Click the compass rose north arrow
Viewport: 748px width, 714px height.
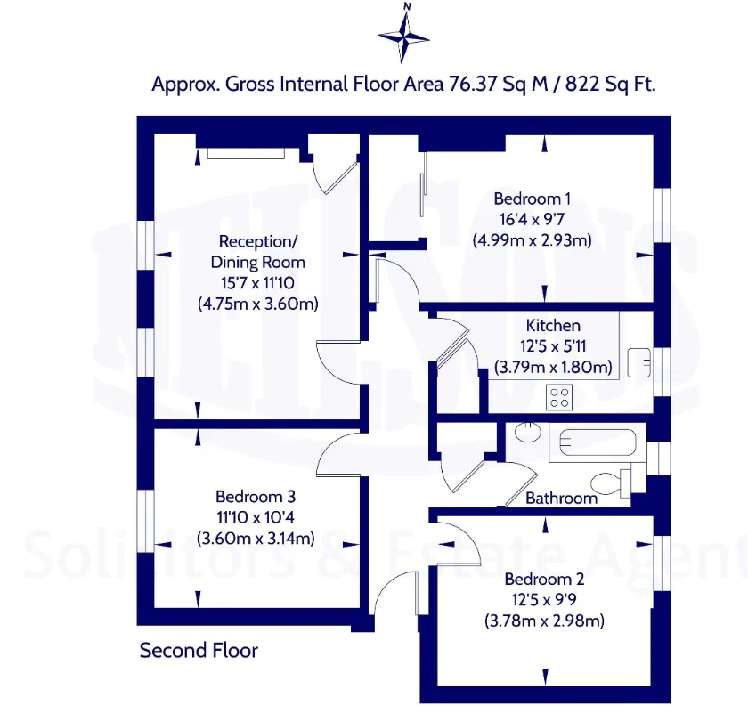pos(404,34)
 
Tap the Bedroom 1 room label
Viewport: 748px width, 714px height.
pos(532,199)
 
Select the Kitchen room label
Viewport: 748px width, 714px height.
pos(553,325)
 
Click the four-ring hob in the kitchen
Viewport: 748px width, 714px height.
pos(559,397)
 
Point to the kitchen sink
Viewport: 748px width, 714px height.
pos(639,362)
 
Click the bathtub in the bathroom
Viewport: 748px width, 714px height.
pos(598,442)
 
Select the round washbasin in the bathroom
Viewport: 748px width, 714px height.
pos(528,432)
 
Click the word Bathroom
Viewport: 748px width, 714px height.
pos(562,499)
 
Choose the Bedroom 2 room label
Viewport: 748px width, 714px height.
pos(544,579)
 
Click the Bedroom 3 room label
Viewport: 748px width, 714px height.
pos(256,497)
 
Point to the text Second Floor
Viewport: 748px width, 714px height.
pos(199,650)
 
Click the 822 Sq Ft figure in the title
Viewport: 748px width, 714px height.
pos(611,85)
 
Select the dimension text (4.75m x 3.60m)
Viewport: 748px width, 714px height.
pos(258,304)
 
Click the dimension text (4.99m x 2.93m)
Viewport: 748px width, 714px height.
pos(533,239)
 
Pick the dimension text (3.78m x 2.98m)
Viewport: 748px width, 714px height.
pos(544,621)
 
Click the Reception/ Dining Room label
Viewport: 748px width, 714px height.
pos(258,252)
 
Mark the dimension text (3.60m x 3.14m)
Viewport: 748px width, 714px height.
pos(256,539)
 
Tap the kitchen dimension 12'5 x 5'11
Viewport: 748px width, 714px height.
pos(553,346)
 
